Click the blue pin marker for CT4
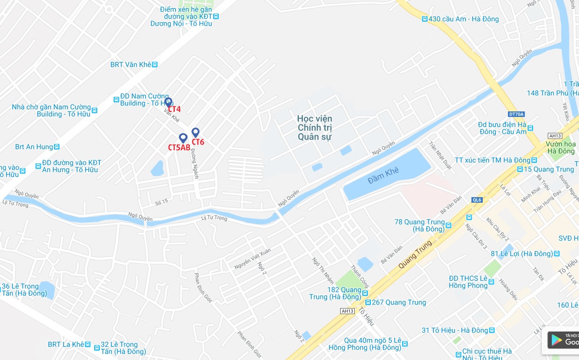[x=168, y=102]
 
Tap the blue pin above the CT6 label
[x=196, y=133]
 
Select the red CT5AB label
[x=179, y=147]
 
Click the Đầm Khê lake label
[x=383, y=171]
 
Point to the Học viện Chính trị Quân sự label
[x=315, y=128]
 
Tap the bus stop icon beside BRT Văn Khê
[x=155, y=65]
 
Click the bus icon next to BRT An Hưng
[x=57, y=147]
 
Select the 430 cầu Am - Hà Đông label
[x=463, y=19]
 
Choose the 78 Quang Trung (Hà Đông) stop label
[x=419, y=225]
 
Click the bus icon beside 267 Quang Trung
[x=368, y=303]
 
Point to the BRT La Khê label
[x=66, y=344]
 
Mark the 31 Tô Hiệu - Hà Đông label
[x=455, y=330]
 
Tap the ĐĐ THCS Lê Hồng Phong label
[x=468, y=282]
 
